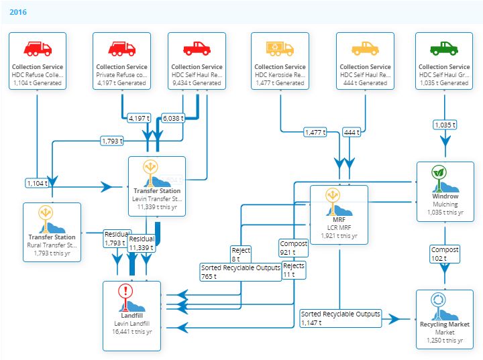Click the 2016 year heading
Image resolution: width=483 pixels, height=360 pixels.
pyautogui.click(x=18, y=12)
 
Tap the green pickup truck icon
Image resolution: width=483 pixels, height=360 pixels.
pyautogui.click(x=444, y=48)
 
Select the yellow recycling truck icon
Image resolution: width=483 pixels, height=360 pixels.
pyautogui.click(x=280, y=48)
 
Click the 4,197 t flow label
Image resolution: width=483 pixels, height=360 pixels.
pyautogui.click(x=140, y=118)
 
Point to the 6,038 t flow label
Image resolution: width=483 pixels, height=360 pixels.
pyautogui.click(x=173, y=118)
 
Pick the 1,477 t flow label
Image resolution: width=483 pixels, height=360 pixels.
pyautogui.click(x=315, y=132)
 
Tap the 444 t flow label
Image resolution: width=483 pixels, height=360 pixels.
pyautogui.click(x=352, y=132)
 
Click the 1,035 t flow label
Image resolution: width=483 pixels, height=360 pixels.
pyautogui.click(x=445, y=125)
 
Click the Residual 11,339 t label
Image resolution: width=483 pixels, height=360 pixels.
pyautogui.click(x=142, y=243)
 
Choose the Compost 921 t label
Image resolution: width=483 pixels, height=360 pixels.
pyautogui.click(x=294, y=248)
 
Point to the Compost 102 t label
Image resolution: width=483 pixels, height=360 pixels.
pyautogui.click(x=445, y=254)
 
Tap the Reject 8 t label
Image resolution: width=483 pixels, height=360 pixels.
pyautogui.click(x=241, y=254)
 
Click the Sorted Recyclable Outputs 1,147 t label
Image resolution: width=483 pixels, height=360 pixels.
pyautogui.click(x=341, y=318)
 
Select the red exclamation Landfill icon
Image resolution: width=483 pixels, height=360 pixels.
pyautogui.click(x=125, y=291)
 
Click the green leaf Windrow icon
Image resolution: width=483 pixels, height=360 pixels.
pyautogui.click(x=439, y=172)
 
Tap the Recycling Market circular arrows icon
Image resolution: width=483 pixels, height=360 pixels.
pyautogui.click(x=438, y=300)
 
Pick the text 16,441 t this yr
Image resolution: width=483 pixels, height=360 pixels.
pyautogui.click(x=132, y=332)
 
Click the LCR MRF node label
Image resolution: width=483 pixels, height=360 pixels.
pyautogui.click(x=339, y=227)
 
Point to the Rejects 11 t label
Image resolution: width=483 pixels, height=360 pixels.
pyautogui.click(x=294, y=270)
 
